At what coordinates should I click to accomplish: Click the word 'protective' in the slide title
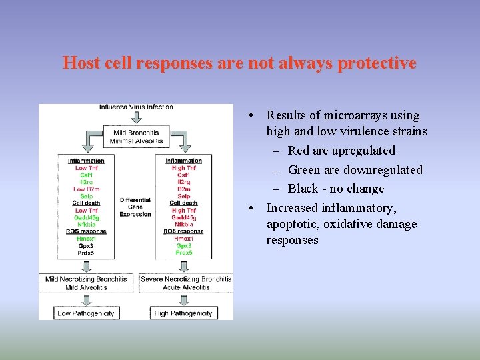[x=377, y=63]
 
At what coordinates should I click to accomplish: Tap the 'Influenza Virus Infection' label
[x=136, y=107]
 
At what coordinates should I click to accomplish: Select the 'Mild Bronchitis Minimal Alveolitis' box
[x=136, y=136]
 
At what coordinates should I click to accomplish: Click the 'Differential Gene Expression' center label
[x=135, y=207]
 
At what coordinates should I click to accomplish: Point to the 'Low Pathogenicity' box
[x=86, y=313]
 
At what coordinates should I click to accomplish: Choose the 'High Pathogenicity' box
[x=183, y=313]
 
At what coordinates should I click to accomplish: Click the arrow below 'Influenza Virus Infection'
[x=136, y=117]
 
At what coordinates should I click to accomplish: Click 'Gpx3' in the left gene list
[x=86, y=245]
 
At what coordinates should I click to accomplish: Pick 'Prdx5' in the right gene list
[x=183, y=253]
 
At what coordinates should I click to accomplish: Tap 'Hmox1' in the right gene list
[x=183, y=238]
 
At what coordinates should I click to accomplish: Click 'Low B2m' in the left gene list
[x=86, y=189]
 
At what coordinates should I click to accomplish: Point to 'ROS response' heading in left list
[x=86, y=231]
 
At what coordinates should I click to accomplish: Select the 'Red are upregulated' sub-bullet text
[x=341, y=151]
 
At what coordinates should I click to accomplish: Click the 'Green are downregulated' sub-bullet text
[x=355, y=170]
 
